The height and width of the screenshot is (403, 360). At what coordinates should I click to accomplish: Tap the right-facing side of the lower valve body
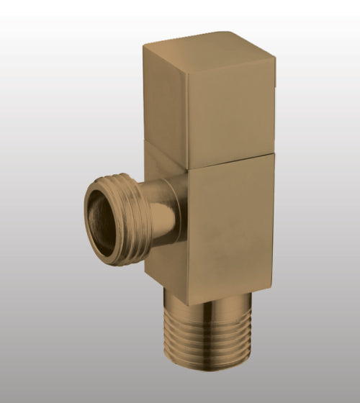(x=230, y=223)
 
